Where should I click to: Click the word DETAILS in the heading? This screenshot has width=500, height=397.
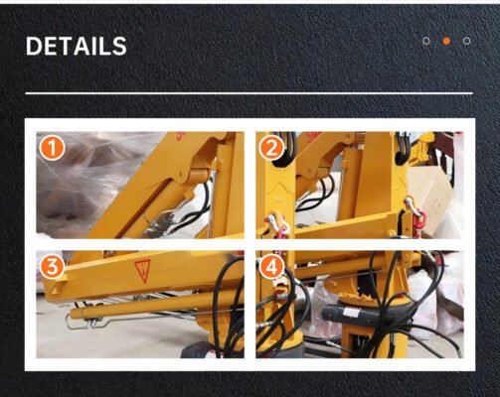[77, 46]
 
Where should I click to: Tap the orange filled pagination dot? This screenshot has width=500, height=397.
[446, 41]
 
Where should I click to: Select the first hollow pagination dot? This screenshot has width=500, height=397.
[426, 41]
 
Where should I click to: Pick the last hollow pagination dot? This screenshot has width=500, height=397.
[467, 41]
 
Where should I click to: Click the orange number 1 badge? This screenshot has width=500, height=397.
[53, 149]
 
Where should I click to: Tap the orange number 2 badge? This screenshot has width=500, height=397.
[271, 149]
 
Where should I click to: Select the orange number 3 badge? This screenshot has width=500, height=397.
[53, 267]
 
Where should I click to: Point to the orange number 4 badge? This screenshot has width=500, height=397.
[271, 267]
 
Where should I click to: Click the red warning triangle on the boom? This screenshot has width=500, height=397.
[143, 270]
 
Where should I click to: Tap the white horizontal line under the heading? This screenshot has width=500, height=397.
[250, 93]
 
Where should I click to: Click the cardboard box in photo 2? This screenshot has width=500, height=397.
[430, 191]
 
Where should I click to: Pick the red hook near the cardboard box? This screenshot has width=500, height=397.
[420, 220]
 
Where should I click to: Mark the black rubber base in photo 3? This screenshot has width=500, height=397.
[199, 350]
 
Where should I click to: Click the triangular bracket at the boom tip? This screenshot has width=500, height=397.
[57, 287]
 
